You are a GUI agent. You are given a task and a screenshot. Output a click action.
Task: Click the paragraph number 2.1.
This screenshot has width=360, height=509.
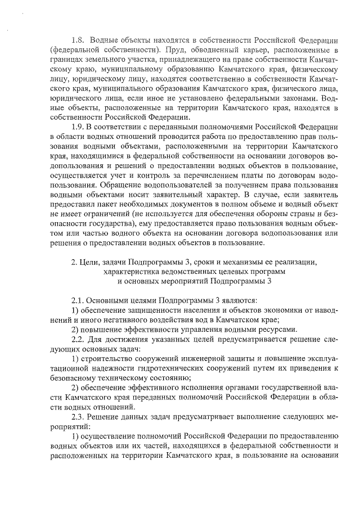pos(79,300)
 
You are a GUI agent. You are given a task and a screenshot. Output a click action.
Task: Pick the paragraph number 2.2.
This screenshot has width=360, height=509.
pos(79,338)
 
